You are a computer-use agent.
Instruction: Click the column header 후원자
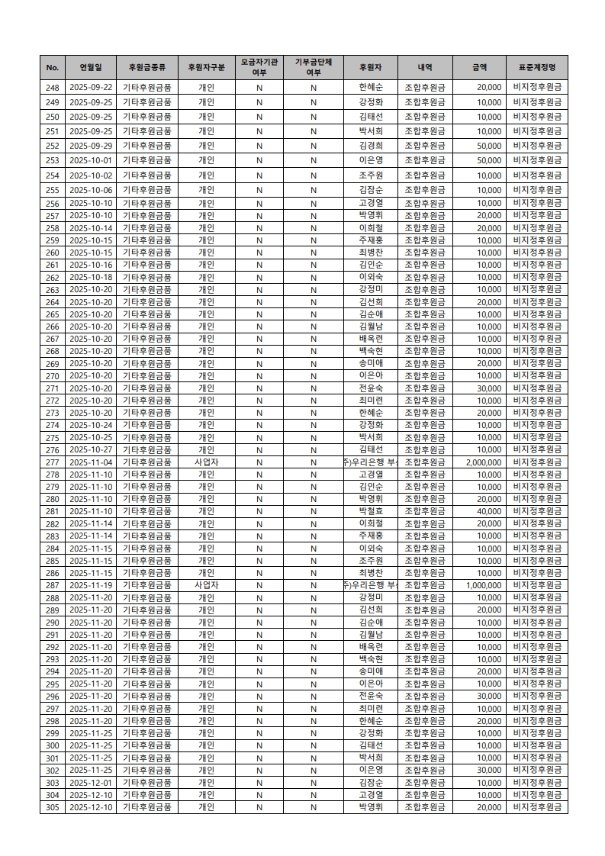click(x=370, y=67)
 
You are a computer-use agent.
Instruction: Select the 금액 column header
click(x=479, y=67)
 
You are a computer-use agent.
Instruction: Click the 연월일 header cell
click(x=91, y=67)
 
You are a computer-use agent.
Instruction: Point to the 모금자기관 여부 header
click(x=259, y=67)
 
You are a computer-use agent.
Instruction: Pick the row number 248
click(x=53, y=88)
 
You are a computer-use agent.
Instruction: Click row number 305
click(x=53, y=807)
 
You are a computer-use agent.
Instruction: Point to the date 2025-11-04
click(x=91, y=462)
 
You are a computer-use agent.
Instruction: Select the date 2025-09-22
click(x=91, y=88)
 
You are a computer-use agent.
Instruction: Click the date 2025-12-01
click(x=91, y=783)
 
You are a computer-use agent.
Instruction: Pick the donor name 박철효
click(x=370, y=511)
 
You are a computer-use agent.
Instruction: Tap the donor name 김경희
click(x=370, y=146)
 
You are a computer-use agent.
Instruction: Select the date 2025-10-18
click(x=91, y=277)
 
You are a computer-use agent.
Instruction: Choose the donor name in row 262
click(x=370, y=277)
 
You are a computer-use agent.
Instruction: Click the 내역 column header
click(x=425, y=67)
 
